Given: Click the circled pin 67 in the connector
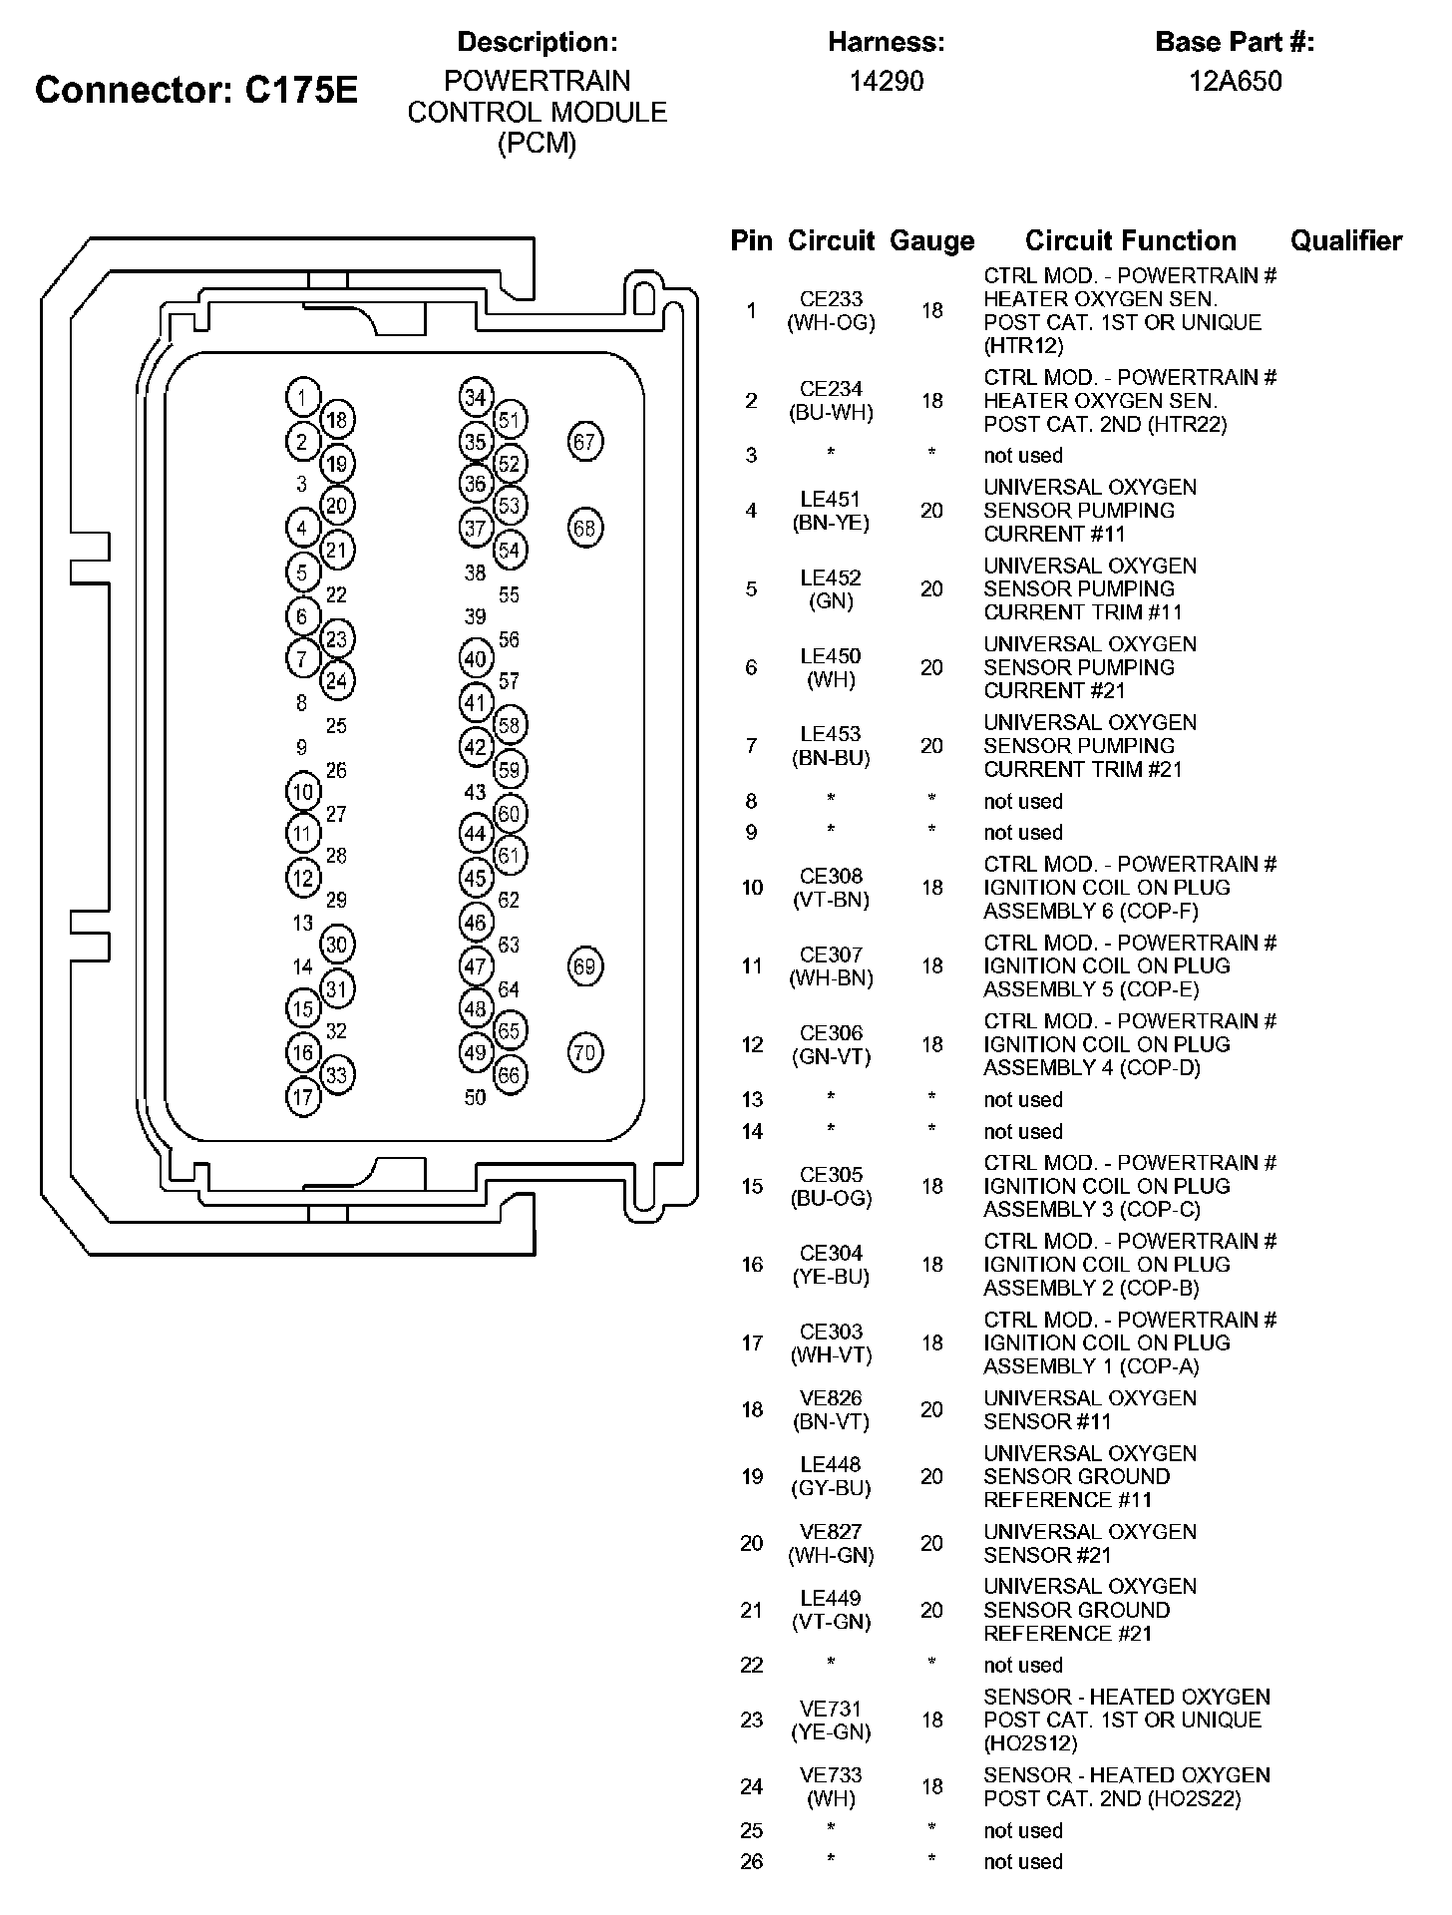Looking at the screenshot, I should (x=584, y=442).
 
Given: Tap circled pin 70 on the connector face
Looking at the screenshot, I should (x=584, y=1052).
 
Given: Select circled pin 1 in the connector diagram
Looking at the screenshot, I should (x=302, y=397).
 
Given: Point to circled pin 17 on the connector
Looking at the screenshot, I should (x=302, y=1098).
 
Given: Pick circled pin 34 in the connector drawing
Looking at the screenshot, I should (x=476, y=397).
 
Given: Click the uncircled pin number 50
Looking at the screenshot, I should (x=476, y=1098).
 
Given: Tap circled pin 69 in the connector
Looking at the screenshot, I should (x=584, y=966).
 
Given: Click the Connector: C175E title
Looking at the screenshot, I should (x=195, y=91).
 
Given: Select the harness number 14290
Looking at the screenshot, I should (x=886, y=81).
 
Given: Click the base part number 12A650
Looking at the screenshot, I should (x=1235, y=81).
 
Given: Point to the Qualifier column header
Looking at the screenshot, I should (x=1345, y=240).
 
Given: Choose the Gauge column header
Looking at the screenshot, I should (x=931, y=240).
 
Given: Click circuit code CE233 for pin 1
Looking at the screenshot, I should (x=831, y=299).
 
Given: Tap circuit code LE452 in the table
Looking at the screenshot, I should (x=831, y=577).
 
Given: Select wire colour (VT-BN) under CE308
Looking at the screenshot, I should (x=831, y=900).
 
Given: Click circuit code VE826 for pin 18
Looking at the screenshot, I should (x=831, y=1398).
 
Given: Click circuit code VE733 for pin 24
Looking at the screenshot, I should (x=831, y=1775).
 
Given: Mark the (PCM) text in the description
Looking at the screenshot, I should (x=537, y=144).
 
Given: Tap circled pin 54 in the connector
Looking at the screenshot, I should (x=510, y=550).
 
